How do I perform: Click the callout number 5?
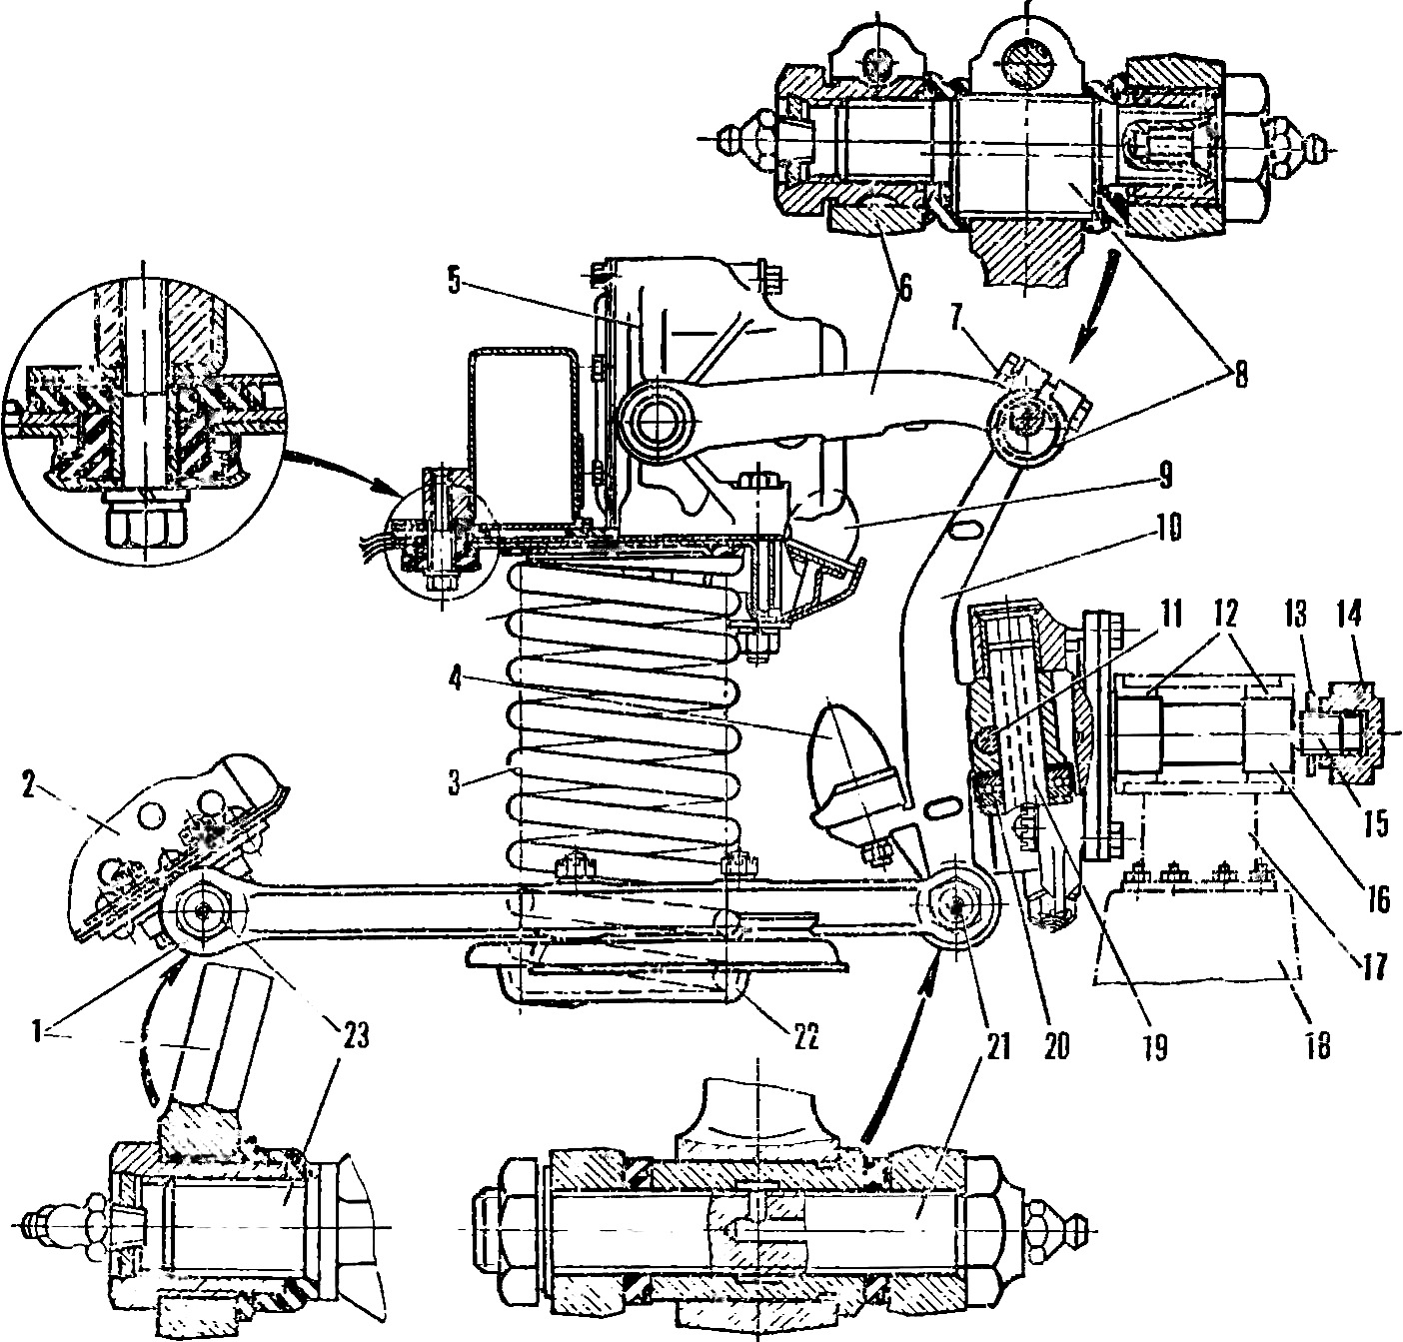(x=454, y=281)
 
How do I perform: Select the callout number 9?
(x=1166, y=476)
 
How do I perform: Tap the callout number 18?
(x=1317, y=1046)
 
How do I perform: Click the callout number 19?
(x=1154, y=1047)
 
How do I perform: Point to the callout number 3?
(x=454, y=783)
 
